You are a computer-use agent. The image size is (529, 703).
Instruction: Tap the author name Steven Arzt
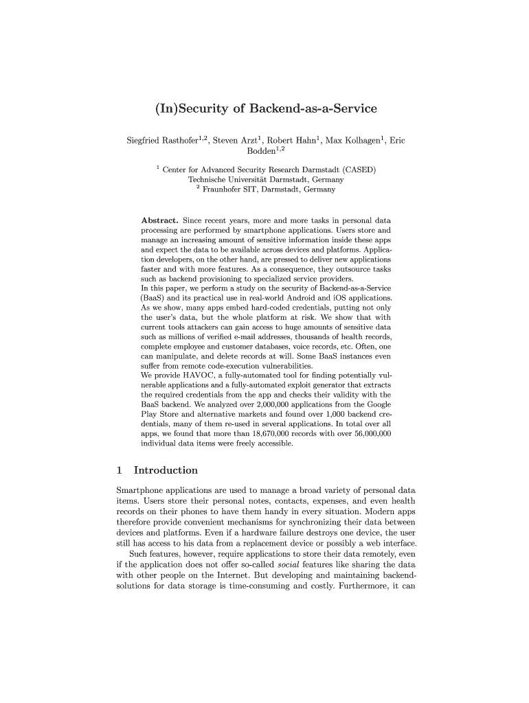tap(235, 141)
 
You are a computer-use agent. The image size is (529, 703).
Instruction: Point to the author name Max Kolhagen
tap(352, 141)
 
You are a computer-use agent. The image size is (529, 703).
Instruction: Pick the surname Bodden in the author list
tap(251, 152)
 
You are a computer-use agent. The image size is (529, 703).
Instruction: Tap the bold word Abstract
tap(160, 220)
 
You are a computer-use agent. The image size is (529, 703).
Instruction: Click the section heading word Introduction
tap(166, 470)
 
